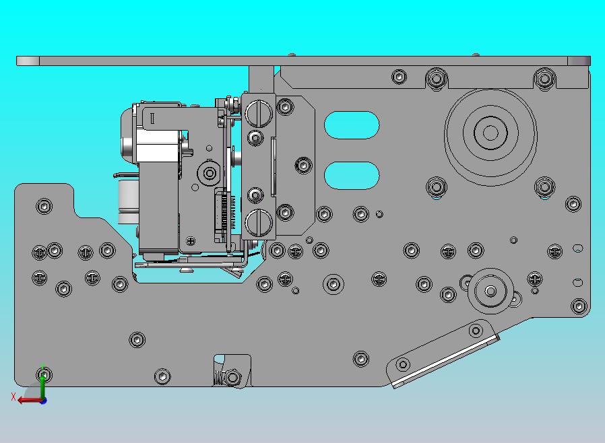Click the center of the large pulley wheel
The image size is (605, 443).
coord(490,133)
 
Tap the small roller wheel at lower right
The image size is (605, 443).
coord(490,291)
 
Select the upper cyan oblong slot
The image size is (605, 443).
coord(352,125)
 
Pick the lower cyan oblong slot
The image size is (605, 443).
coord(352,176)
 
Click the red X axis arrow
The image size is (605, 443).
coord(30,400)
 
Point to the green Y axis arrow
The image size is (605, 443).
coord(43,381)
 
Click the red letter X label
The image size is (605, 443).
coord(13,397)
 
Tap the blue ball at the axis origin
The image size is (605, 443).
coord(44,401)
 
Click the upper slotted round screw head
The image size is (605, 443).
coord(259,114)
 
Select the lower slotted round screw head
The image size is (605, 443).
coord(259,222)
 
